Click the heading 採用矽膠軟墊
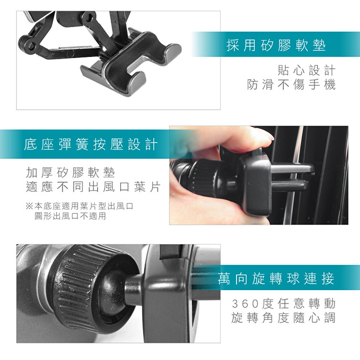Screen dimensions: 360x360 (x=276, y=45)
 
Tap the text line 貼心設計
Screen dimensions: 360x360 (x=306, y=70)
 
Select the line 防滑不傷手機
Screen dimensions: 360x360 (x=291, y=85)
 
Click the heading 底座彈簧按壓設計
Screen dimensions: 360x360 (x=91, y=145)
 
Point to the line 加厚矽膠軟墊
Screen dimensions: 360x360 (x=70, y=173)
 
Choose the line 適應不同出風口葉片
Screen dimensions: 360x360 (x=93, y=187)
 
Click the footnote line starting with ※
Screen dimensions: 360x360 (x=79, y=206)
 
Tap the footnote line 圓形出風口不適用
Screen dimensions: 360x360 (x=70, y=216)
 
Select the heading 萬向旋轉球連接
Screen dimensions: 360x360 (x=276, y=278)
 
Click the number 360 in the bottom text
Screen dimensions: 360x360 (x=246, y=304)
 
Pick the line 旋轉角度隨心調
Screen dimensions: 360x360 (x=284, y=318)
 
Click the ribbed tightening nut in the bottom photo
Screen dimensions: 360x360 (x=80, y=287)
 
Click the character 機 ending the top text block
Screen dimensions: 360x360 (x=330, y=85)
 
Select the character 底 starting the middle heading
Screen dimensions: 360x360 (x=30, y=145)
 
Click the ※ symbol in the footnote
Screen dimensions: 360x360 (x=29, y=206)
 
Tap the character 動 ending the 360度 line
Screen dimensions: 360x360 (x=330, y=304)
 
